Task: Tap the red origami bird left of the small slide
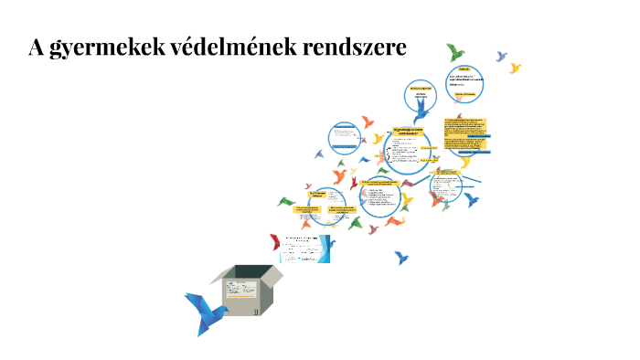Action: pyautogui.click(x=275, y=242)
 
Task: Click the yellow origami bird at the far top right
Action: pyautogui.click(x=516, y=69)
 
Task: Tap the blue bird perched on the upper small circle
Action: pyautogui.click(x=421, y=112)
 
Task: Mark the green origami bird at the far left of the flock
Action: pyautogui.click(x=286, y=201)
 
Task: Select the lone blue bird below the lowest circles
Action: pyautogui.click(x=401, y=258)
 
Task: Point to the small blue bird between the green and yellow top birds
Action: pyautogui.click(x=501, y=57)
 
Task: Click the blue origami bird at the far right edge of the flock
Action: pyautogui.click(x=473, y=198)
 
